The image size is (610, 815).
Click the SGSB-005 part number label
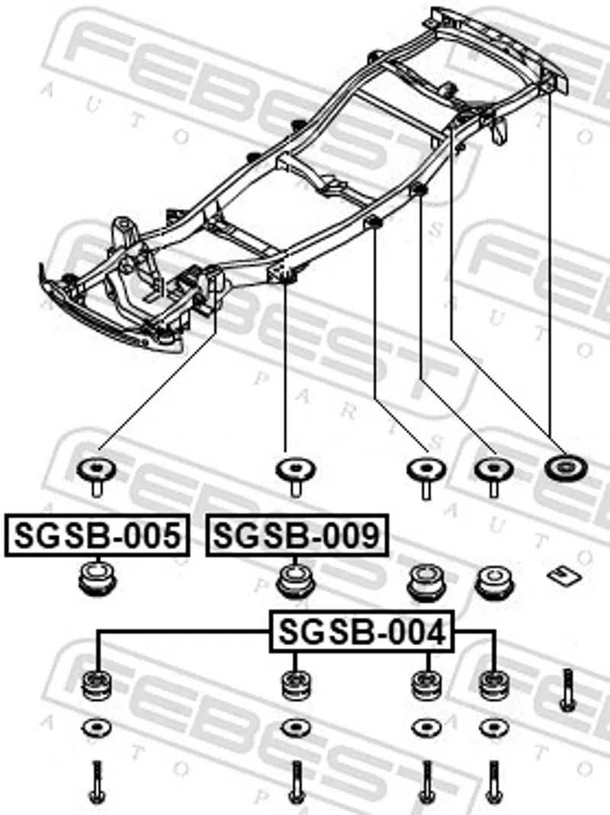[98, 535]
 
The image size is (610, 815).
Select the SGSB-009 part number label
[297, 535]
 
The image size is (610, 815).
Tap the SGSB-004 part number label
[362, 631]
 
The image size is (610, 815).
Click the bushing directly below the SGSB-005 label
[98, 578]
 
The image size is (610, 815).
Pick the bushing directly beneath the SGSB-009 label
[296, 581]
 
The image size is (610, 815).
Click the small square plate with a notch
[564, 575]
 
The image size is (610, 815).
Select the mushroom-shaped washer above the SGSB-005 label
[97, 475]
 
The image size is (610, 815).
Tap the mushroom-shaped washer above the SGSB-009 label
[296, 476]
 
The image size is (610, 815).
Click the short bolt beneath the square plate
[567, 690]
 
